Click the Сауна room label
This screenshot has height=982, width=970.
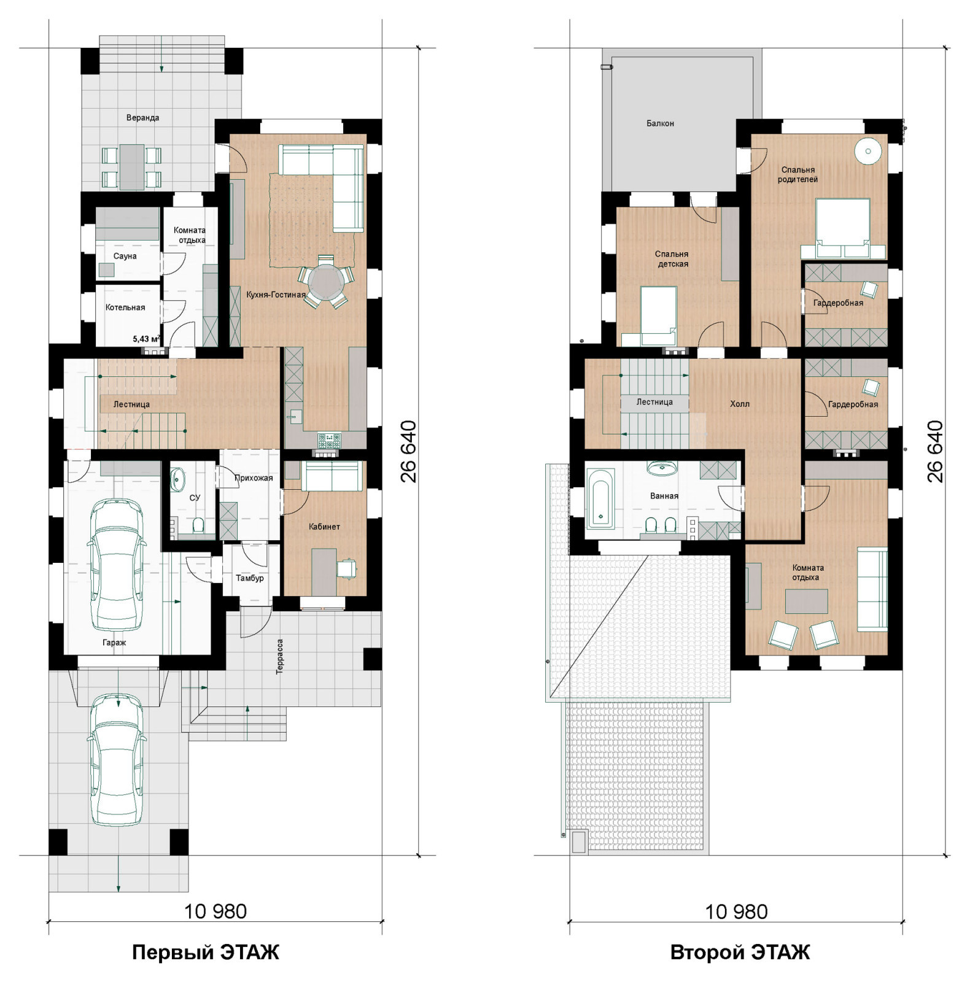[x=125, y=256]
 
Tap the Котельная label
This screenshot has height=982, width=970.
[x=125, y=307]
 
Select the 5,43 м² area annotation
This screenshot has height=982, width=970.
[x=147, y=338]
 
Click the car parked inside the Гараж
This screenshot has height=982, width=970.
[x=117, y=565]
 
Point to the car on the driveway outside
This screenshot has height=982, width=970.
[x=118, y=759]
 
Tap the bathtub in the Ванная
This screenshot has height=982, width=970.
[x=600, y=498]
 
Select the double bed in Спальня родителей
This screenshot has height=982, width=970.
[x=842, y=228]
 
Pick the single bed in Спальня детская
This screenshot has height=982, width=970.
[x=658, y=315]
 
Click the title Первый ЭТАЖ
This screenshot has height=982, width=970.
[x=206, y=952]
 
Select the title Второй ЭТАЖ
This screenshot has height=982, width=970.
[x=740, y=952]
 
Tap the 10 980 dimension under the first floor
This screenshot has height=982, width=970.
[x=215, y=911]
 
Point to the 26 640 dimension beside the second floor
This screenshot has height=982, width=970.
[x=934, y=451]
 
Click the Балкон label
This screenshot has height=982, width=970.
[x=660, y=123]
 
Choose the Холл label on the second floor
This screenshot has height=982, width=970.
[x=740, y=404]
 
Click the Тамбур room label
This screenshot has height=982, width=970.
[x=250, y=578]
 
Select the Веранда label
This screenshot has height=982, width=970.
[x=142, y=117]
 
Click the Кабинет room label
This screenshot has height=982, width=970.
[x=324, y=527]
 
